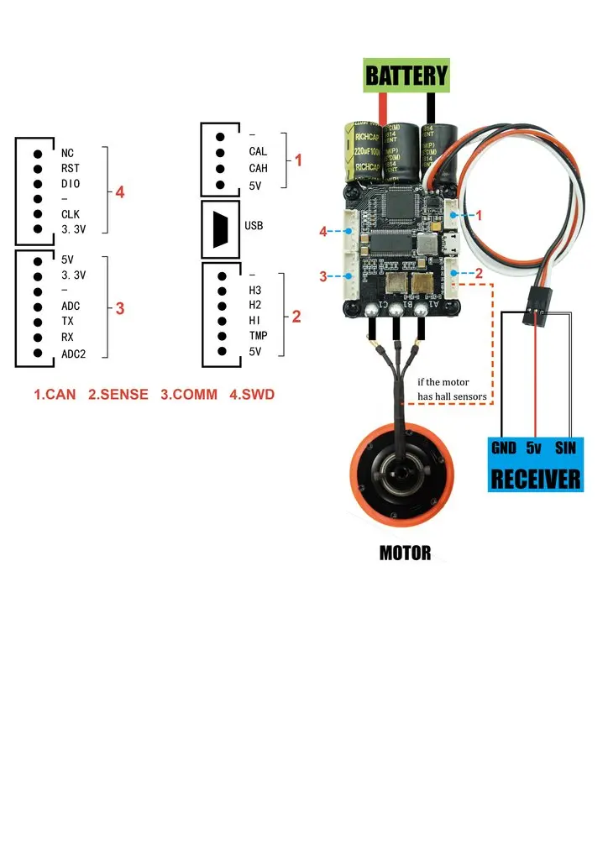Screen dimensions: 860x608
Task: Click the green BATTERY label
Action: pyautogui.click(x=407, y=76)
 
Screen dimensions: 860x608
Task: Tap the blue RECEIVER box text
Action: pyautogui.click(x=535, y=479)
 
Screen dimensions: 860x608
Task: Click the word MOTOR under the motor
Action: pyautogui.click(x=405, y=553)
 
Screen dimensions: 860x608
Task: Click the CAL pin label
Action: pyautogui.click(x=258, y=152)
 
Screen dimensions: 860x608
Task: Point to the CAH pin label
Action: pyautogui.click(x=258, y=168)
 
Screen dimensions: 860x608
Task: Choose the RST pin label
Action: pyautogui.click(x=71, y=168)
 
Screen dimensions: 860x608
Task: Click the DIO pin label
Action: pyautogui.click(x=71, y=183)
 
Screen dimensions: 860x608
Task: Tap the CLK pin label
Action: pyautogui.click(x=71, y=214)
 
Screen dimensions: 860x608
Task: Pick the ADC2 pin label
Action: pyautogui.click(x=74, y=354)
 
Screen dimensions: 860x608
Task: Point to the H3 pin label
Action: pyautogui.click(x=255, y=291)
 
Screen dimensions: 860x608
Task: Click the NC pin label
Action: pyautogui.click(x=68, y=153)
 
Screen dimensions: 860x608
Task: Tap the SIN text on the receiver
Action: pyautogui.click(x=565, y=448)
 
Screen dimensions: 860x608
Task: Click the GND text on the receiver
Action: pyautogui.click(x=503, y=448)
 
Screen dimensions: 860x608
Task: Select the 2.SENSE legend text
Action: pyautogui.click(x=118, y=393)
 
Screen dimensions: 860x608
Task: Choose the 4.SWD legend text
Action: pyautogui.click(x=251, y=393)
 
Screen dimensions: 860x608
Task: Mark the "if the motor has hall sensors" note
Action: pyautogui.click(x=452, y=390)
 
